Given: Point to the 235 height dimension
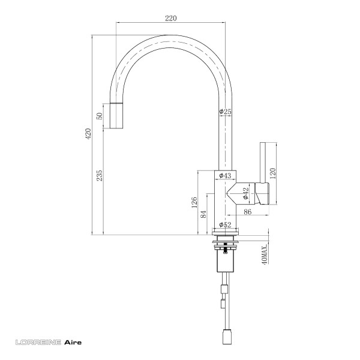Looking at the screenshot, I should [100, 175].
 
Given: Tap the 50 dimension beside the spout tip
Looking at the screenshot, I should [100, 115].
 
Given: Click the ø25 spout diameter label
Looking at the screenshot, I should [226, 112].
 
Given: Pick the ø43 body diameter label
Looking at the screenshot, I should [226, 176].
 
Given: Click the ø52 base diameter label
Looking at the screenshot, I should [226, 225].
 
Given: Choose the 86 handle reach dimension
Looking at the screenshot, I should [248, 212].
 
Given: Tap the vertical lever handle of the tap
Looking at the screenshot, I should [262, 162].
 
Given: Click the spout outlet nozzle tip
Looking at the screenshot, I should [118, 115].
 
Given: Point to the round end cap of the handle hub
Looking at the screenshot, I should [264, 193].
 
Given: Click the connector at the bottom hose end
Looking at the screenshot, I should [228, 337].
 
